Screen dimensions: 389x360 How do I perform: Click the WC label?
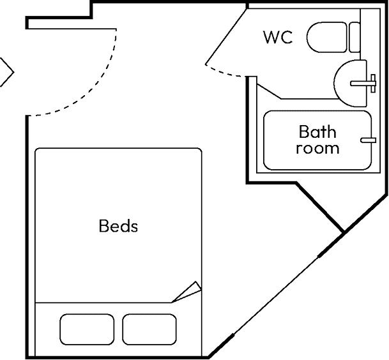278,37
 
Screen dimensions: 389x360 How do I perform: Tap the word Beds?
118,226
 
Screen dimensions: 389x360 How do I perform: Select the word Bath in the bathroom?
317,131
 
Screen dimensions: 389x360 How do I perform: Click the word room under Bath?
317,148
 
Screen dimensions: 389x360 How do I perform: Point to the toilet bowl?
327,37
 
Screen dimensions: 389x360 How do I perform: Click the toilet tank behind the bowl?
355,37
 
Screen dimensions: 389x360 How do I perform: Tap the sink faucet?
363,84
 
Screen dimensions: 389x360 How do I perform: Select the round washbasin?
350,84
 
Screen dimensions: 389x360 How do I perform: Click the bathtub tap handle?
368,140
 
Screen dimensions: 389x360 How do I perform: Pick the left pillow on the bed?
87,329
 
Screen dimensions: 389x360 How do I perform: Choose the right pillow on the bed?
149,329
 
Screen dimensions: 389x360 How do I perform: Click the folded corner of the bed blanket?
187,292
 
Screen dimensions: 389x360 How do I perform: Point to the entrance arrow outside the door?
7,72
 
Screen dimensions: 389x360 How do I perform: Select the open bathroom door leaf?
226,36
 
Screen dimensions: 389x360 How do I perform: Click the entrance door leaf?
71,29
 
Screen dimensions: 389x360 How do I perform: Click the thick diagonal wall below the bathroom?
320,207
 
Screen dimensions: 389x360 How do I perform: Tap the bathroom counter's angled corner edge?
269,91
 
